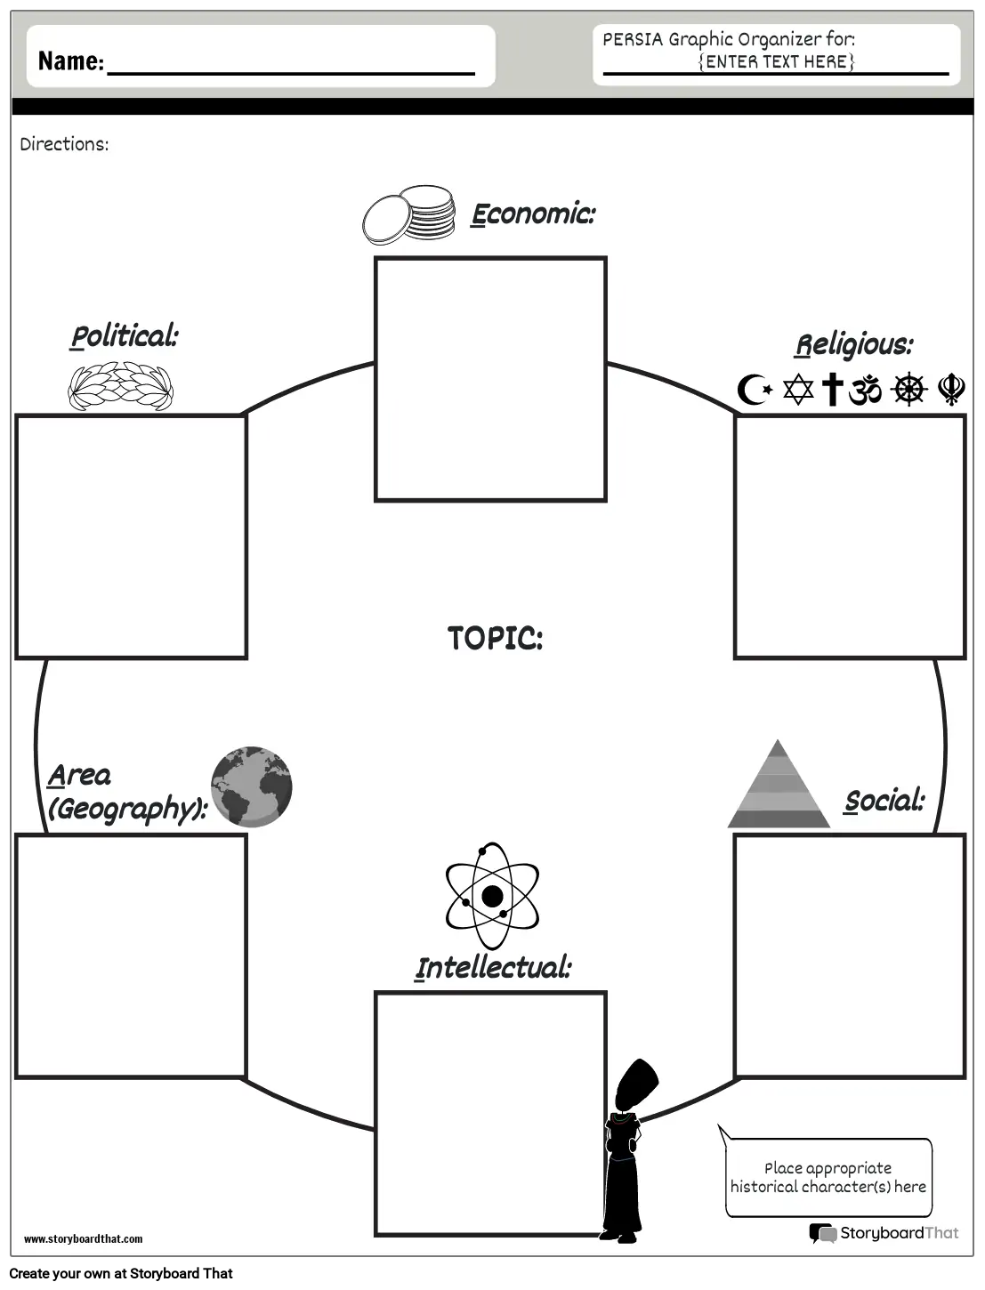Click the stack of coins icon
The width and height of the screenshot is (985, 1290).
[408, 214]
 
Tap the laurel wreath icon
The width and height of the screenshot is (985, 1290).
[120, 385]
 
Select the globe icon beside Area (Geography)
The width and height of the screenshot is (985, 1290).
[252, 786]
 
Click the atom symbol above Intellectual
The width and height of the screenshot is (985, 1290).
[492, 896]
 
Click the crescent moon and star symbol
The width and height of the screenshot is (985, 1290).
[755, 390]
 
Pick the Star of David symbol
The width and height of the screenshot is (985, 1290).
[798, 390]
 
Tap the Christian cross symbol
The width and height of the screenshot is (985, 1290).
[832, 390]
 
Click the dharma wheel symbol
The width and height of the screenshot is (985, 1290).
[908, 389]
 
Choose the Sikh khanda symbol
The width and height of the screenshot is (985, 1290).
[951, 390]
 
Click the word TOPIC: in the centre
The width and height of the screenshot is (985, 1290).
[495, 638]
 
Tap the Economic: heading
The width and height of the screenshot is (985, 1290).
[533, 214]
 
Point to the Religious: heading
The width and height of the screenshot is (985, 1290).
[854, 345]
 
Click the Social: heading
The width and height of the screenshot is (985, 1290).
[884, 801]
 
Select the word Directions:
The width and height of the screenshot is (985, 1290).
[64, 145]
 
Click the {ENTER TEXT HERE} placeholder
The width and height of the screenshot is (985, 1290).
[776, 61]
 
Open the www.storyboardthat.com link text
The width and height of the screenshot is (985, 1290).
[83, 1239]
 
